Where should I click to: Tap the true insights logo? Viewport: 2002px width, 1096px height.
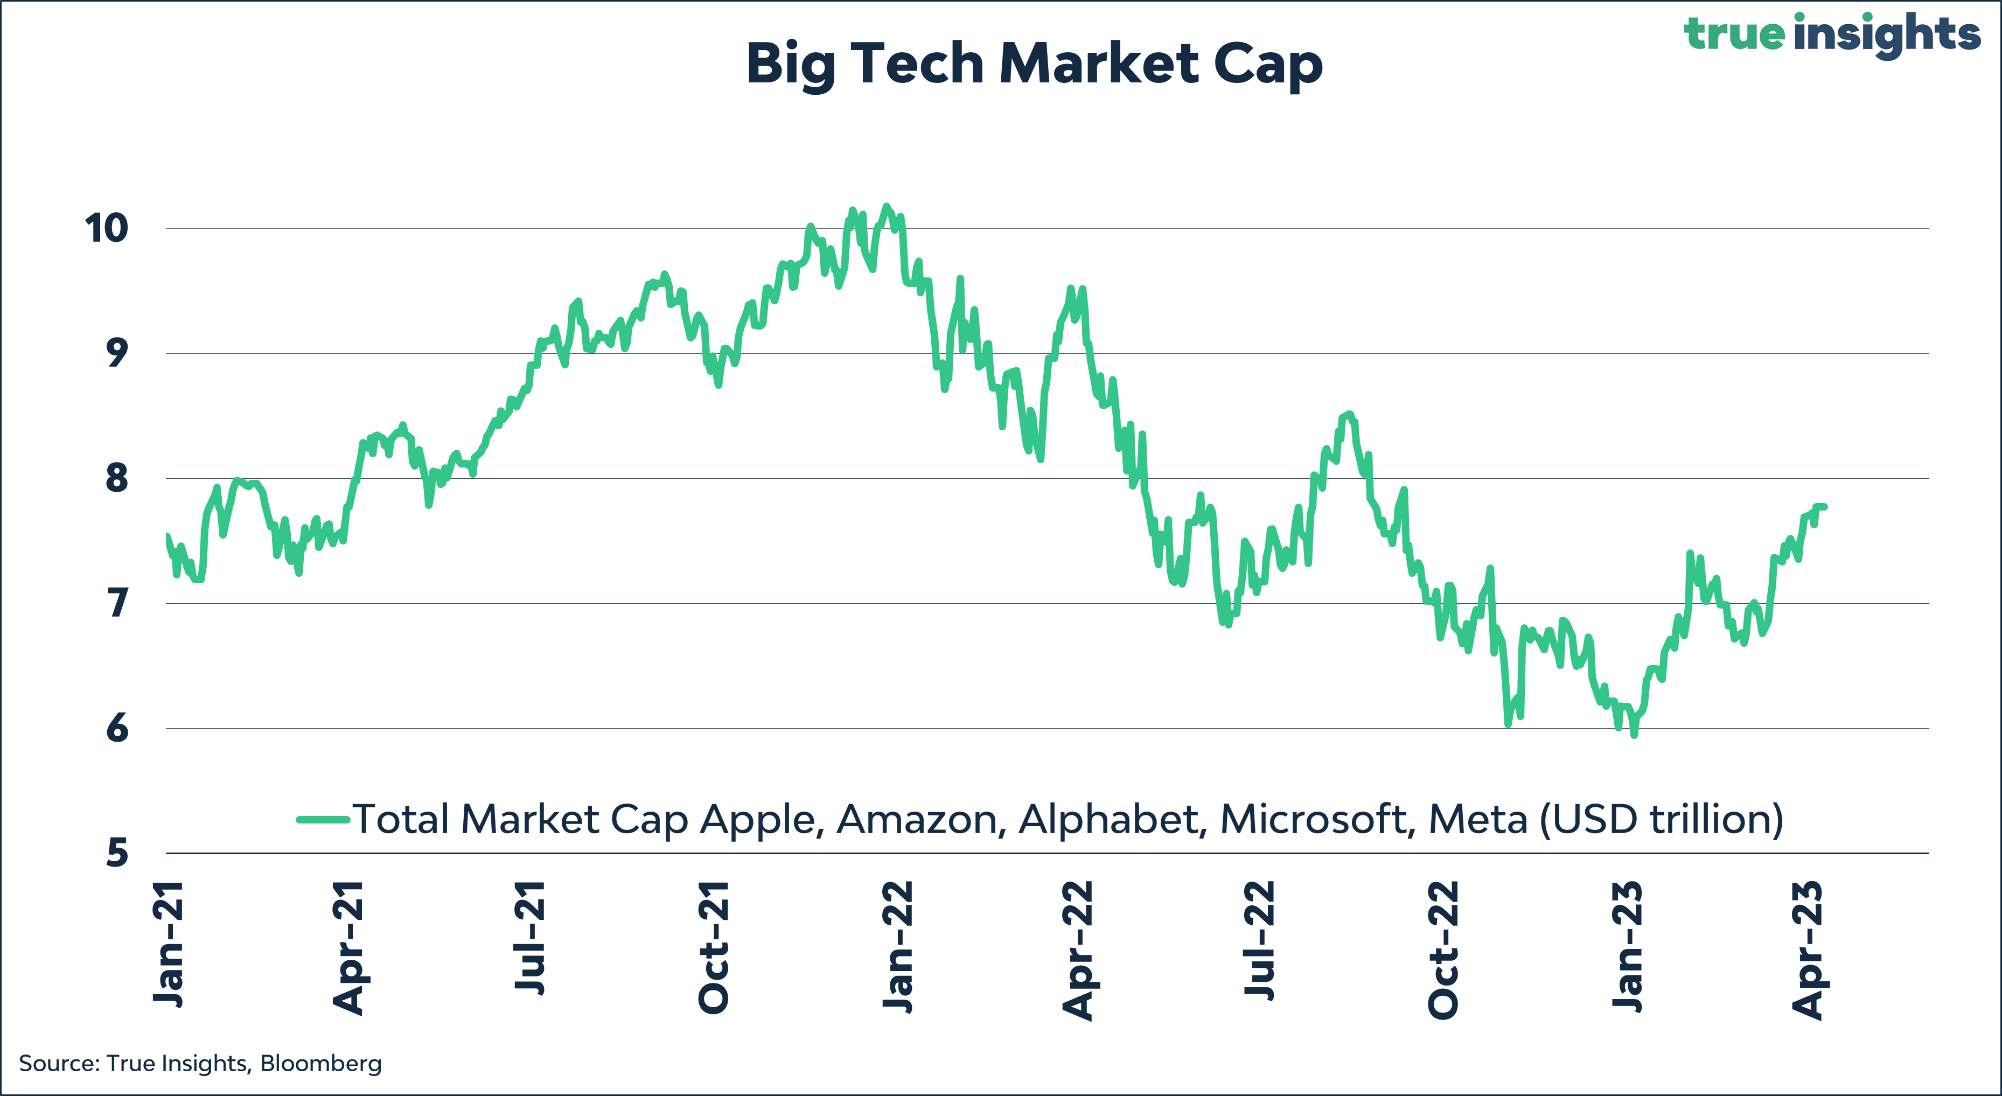(1831, 34)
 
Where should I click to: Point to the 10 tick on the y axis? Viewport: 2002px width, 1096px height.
(107, 228)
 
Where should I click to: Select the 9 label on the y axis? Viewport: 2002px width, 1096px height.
(116, 354)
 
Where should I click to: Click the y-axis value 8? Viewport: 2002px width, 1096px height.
(116, 478)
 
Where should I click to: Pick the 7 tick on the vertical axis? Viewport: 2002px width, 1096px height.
(116, 603)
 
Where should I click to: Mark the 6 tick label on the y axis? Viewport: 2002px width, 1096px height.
(116, 728)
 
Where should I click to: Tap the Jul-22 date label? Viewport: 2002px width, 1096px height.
(1260, 938)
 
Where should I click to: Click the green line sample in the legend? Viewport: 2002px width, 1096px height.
(323, 819)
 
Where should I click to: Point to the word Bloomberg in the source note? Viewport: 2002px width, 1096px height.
(320, 1063)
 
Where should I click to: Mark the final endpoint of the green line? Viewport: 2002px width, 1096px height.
(1825, 507)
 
